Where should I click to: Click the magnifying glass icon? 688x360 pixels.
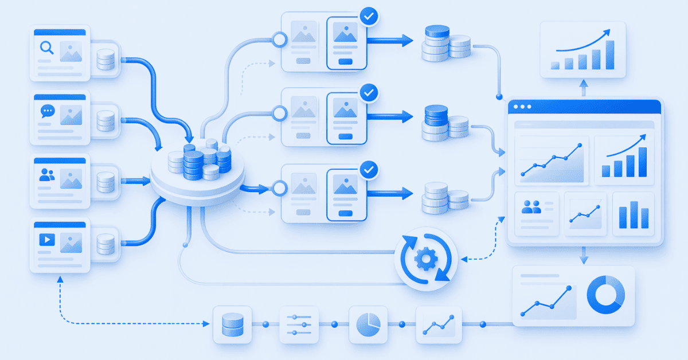pyautogui.click(x=46, y=48)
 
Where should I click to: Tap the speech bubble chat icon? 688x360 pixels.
pyautogui.click(x=46, y=111)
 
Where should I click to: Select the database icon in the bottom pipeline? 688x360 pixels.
pyautogui.click(x=232, y=324)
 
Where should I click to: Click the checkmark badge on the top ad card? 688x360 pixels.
pyautogui.click(x=369, y=17)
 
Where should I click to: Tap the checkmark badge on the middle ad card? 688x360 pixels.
pyautogui.click(x=369, y=92)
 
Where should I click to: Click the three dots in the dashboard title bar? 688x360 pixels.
pyautogui.click(x=523, y=107)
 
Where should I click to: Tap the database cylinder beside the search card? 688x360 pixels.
pyautogui.click(x=105, y=59)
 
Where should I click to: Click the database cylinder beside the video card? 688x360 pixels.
pyautogui.click(x=105, y=244)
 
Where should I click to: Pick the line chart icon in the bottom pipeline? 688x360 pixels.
pyautogui.click(x=438, y=324)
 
